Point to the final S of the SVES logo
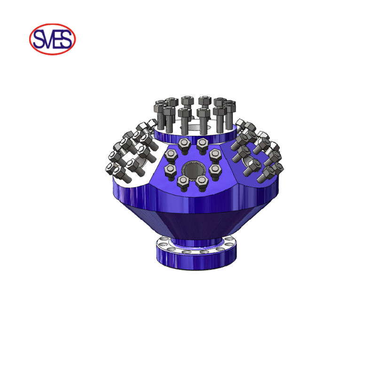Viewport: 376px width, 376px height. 66,39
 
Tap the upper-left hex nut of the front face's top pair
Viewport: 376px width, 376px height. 184,143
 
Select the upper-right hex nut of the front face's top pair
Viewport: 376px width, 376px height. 203,143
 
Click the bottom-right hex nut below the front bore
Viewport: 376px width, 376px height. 202,181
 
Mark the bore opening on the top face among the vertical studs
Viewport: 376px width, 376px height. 195,127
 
